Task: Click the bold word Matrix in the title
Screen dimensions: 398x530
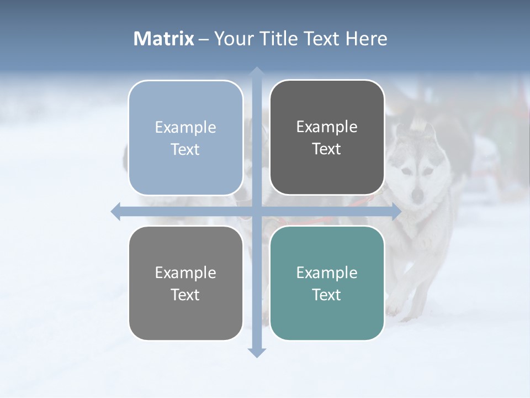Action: pyautogui.click(x=164, y=39)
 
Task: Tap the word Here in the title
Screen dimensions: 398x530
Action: pyautogui.click(x=367, y=39)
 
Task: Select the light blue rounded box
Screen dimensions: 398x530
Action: pyautogui.click(x=185, y=138)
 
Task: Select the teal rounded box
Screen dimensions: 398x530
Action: pyautogui.click(x=327, y=284)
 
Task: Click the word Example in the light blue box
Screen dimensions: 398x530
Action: pyautogui.click(x=185, y=127)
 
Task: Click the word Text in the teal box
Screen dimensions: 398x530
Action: pyautogui.click(x=327, y=295)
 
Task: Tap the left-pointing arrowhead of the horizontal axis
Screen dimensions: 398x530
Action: pyautogui.click(x=116, y=212)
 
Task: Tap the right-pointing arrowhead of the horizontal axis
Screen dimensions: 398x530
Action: pyautogui.click(x=396, y=212)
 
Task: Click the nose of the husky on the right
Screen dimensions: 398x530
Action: pyautogui.click(x=418, y=195)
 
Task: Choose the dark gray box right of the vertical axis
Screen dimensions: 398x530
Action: pyautogui.click(x=327, y=138)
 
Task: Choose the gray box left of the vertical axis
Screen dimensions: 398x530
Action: pyautogui.click(x=185, y=284)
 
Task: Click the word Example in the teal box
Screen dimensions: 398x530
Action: pyautogui.click(x=327, y=273)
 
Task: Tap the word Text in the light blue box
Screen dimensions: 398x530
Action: pyautogui.click(x=185, y=149)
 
